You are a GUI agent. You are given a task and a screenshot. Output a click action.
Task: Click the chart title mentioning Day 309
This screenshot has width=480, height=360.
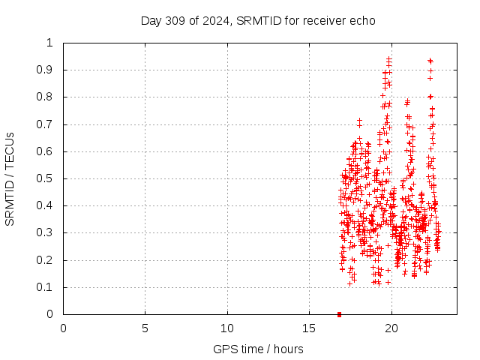point(258,20)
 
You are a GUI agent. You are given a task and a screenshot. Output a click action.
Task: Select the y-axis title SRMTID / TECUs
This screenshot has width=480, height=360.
point(10,178)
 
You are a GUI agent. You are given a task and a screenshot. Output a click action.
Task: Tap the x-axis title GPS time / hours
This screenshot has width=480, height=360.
point(258,349)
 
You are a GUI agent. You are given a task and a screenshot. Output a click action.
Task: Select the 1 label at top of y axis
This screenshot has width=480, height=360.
point(49,43)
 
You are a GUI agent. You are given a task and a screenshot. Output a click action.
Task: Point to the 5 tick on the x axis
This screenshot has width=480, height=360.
point(145,328)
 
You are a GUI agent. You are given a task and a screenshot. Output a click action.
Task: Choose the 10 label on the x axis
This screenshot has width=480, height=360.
point(227,328)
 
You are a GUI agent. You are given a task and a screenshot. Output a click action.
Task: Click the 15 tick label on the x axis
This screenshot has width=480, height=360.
point(309,328)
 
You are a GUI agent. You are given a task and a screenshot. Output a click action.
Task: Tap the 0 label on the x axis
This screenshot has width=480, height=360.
point(63,328)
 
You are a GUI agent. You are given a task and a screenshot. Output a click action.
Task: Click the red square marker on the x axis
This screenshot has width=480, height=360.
point(339,314)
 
